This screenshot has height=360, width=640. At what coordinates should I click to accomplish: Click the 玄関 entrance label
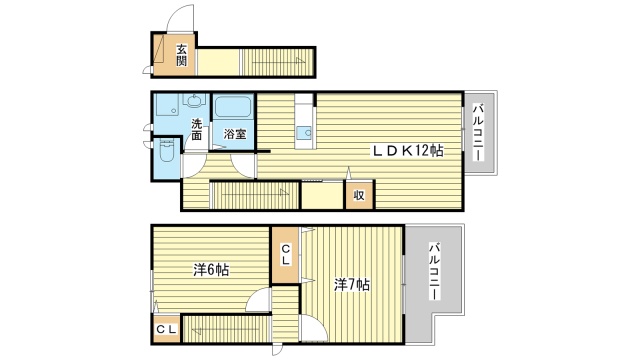click(182, 54)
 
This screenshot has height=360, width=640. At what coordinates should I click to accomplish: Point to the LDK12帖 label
click(408, 150)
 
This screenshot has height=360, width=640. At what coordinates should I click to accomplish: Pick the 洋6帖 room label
click(210, 270)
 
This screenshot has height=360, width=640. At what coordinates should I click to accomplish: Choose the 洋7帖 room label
click(352, 285)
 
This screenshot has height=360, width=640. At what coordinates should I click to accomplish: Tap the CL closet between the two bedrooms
click(285, 254)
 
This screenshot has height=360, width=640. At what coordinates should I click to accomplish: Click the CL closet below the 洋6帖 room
click(166, 327)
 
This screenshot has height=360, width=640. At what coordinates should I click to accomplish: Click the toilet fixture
click(166, 153)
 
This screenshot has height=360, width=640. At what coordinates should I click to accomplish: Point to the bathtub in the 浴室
click(234, 107)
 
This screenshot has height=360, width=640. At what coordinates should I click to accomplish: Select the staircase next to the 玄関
click(279, 62)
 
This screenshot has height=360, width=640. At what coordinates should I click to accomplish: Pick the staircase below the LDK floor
click(253, 193)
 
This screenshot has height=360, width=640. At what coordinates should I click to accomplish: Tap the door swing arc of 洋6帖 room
click(258, 301)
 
